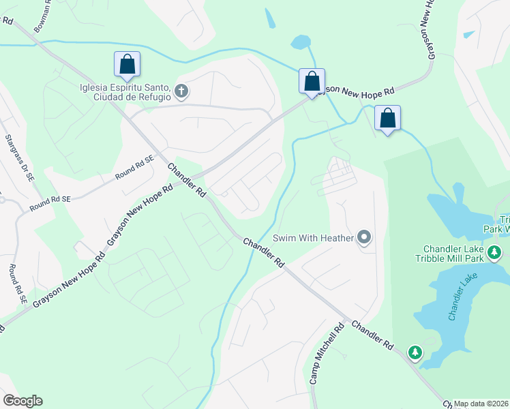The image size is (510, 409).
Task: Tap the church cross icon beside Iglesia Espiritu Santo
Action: (181, 91)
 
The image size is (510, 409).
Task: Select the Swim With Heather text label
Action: (313, 238)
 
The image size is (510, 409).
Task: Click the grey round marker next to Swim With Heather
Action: (365, 238)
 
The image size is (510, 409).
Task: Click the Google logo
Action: (22, 401)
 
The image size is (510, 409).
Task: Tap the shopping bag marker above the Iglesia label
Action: (127, 65)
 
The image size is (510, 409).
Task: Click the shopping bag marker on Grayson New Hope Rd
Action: (312, 82)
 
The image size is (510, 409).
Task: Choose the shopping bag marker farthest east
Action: (387, 119)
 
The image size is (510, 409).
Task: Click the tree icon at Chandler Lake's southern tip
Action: (415, 352)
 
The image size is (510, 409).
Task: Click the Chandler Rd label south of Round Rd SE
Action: (186, 180)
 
